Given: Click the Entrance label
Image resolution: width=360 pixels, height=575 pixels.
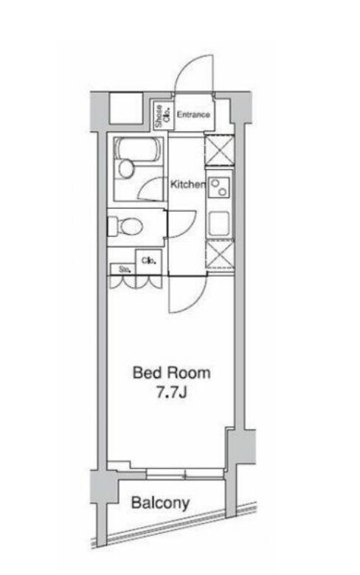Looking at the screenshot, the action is (x=193, y=115).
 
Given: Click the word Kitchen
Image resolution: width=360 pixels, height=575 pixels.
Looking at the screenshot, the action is (x=188, y=184).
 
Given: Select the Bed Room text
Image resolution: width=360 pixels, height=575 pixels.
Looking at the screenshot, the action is (x=171, y=373).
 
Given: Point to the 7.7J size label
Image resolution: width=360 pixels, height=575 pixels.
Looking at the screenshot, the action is (x=172, y=393).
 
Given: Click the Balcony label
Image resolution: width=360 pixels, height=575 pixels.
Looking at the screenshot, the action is (x=160, y=503).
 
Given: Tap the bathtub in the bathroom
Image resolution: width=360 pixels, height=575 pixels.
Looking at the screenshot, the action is (x=138, y=149).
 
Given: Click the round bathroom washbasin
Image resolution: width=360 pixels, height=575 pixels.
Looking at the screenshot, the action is (x=126, y=169).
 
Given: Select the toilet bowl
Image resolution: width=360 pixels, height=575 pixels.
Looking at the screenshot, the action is (x=125, y=227).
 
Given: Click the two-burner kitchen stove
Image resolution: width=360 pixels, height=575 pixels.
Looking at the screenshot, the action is (x=220, y=188).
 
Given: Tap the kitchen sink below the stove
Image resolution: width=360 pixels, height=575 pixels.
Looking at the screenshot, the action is (x=219, y=224).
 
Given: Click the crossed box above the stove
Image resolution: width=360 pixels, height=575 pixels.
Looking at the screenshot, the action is (x=219, y=151).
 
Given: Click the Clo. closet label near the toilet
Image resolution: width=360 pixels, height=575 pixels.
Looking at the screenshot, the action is (x=149, y=261).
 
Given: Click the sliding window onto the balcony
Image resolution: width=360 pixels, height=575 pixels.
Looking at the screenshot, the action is (x=184, y=474).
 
